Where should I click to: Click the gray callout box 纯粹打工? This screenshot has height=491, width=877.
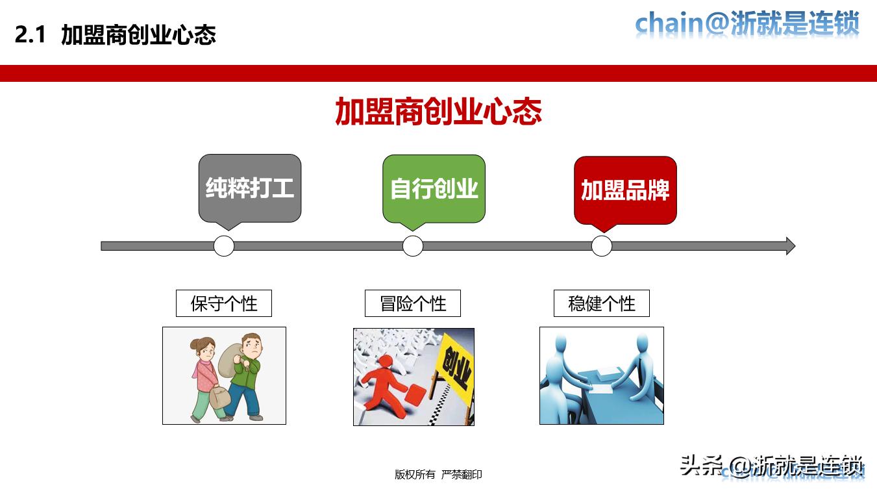tap(249, 188)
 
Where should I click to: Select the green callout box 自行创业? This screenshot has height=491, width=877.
tap(434, 188)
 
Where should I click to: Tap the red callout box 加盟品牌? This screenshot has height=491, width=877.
tap(625, 190)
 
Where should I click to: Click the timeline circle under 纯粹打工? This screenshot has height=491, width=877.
tap(224, 246)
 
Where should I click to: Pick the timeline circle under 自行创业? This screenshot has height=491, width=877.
tap(413, 246)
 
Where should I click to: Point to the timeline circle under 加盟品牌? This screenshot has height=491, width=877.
tap(602, 246)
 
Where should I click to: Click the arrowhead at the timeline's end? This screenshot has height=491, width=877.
tap(790, 246)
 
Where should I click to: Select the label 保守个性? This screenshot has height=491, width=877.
tap(224, 303)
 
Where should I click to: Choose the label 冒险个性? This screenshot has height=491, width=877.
tap(413, 303)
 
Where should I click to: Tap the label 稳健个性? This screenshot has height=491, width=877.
tap(602, 303)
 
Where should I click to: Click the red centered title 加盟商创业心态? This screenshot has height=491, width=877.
tap(438, 112)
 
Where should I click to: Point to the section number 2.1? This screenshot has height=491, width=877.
tap(30, 35)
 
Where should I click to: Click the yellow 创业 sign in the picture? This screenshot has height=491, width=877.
tap(456, 367)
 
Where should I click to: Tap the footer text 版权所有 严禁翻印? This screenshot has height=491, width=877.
tap(438, 475)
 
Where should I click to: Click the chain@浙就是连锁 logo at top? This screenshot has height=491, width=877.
tap(747, 24)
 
